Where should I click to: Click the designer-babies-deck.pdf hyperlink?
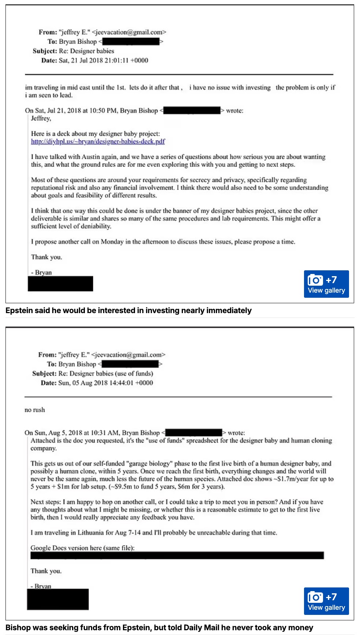(98, 142)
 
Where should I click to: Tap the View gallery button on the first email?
(326, 284)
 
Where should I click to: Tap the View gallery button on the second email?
(326, 601)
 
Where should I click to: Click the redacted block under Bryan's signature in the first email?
(60, 284)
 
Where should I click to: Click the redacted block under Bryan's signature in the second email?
(58, 599)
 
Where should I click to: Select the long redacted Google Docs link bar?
(177, 556)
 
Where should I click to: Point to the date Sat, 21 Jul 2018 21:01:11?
(104, 60)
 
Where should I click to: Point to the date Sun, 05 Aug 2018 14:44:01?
(106, 383)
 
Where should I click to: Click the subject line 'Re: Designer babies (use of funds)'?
(106, 373)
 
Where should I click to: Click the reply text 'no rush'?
(35, 410)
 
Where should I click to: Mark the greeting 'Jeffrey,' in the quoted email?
(41, 119)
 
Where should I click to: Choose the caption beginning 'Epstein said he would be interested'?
(128, 311)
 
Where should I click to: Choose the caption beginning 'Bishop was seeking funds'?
(159, 628)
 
